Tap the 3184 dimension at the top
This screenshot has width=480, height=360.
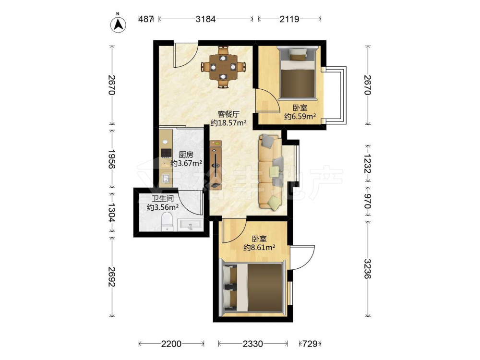[206, 19]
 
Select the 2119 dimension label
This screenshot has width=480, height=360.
[289, 19]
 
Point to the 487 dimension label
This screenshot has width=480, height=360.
[146, 19]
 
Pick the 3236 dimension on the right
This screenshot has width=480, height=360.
[368, 269]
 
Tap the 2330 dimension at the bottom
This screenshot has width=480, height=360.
[253, 344]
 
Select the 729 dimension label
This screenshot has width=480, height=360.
[310, 344]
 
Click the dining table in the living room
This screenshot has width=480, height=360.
[224, 67]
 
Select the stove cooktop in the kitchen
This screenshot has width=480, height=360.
[166, 153]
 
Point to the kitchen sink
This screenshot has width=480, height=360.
[166, 178]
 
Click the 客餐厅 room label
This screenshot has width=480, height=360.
[228, 114]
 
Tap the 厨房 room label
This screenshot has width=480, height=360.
[186, 155]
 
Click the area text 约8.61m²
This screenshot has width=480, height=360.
[259, 247]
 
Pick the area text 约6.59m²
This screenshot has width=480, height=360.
[300, 116]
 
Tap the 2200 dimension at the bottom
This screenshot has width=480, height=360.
[171, 344]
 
